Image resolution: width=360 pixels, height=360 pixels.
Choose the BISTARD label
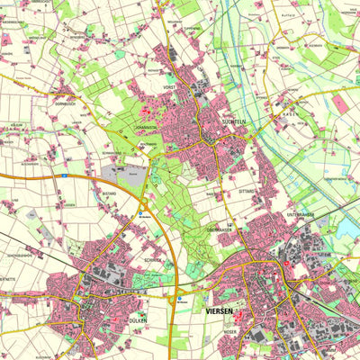pyautogui.click(x=110, y=193)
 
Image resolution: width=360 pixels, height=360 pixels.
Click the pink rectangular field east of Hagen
pyautogui.click(x=341, y=103)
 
